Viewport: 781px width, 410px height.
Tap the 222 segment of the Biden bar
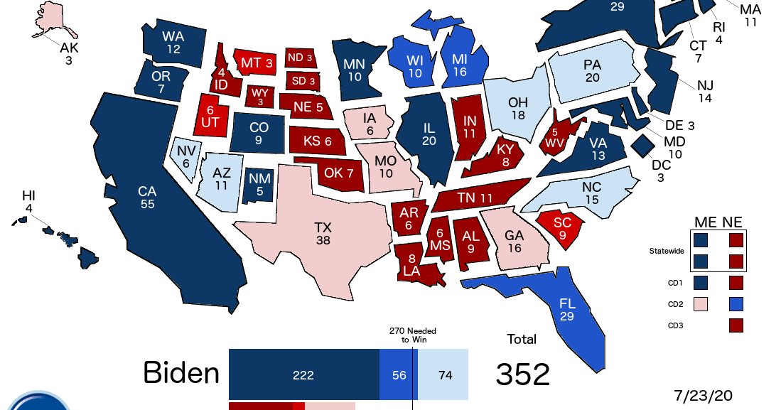pyautogui.click(x=303, y=374)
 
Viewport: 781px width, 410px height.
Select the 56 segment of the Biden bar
pyautogui.click(x=399, y=374)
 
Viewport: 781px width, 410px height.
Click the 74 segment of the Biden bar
pyautogui.click(x=445, y=374)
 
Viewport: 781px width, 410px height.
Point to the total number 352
pyautogui.click(x=522, y=374)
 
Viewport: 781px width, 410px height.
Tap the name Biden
pyautogui.click(x=181, y=372)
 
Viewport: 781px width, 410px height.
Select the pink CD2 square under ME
pyautogui.click(x=702, y=305)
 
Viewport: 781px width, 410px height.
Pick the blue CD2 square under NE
pyautogui.click(x=736, y=305)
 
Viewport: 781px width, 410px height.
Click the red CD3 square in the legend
pyautogui.click(x=736, y=326)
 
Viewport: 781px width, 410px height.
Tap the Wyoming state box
pyautogui.click(x=259, y=95)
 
